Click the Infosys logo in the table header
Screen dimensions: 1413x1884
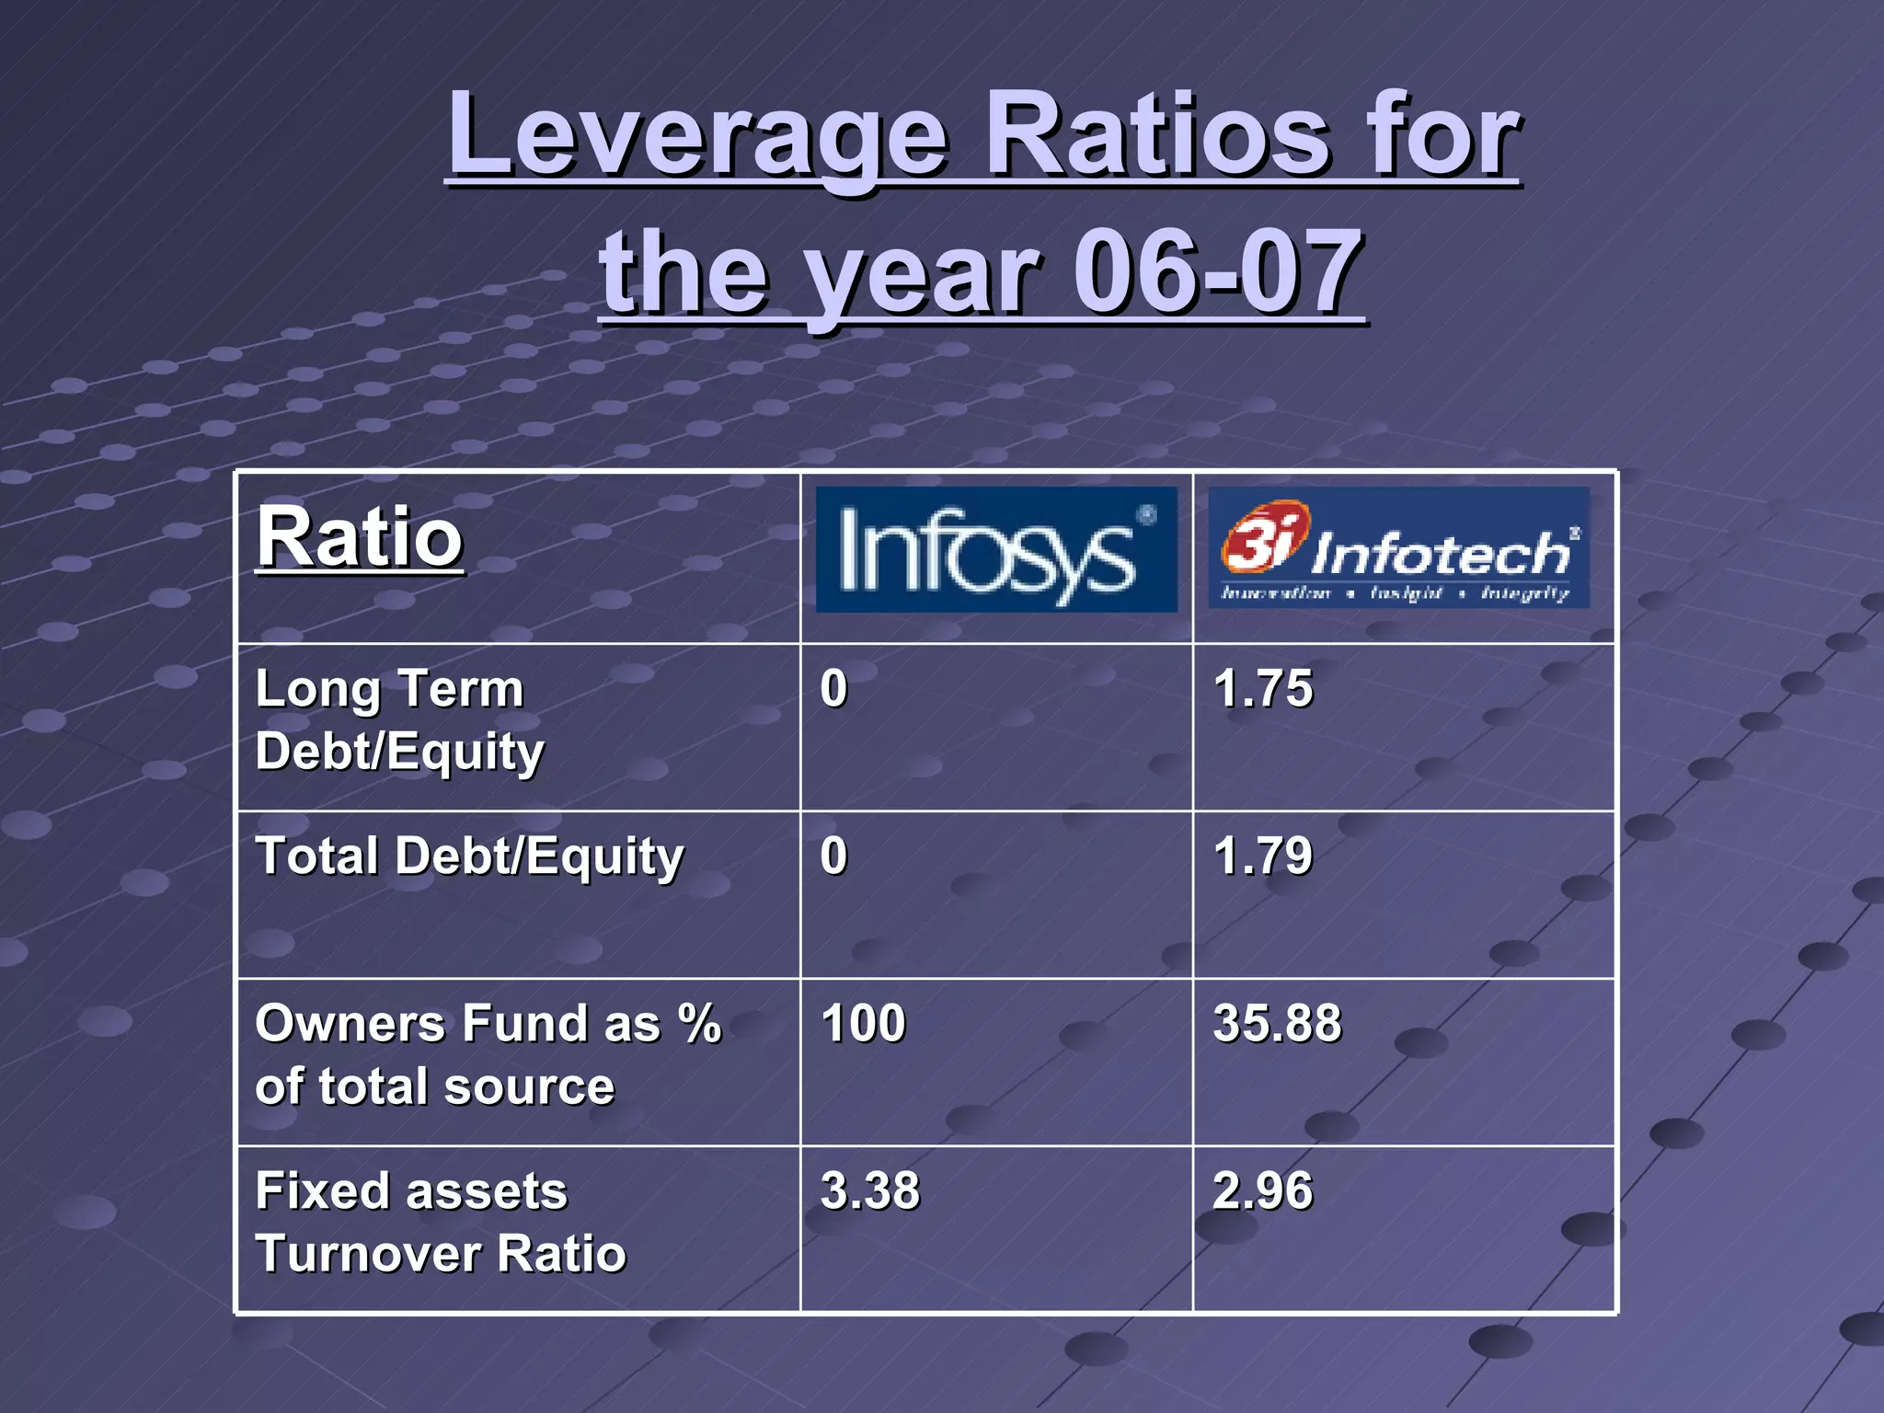click(995, 550)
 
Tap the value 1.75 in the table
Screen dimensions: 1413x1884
click(1263, 688)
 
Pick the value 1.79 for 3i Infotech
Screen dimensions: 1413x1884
click(1263, 856)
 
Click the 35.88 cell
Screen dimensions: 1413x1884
click(1277, 1023)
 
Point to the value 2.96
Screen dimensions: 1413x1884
click(1263, 1190)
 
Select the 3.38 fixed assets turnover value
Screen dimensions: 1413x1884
click(869, 1190)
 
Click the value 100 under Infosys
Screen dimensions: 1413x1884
click(863, 1023)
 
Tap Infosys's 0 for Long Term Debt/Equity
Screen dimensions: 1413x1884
click(833, 688)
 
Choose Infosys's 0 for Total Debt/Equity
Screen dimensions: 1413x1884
click(833, 856)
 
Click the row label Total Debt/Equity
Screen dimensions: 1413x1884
click(469, 856)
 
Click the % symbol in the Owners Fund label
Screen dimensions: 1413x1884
click(699, 1024)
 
